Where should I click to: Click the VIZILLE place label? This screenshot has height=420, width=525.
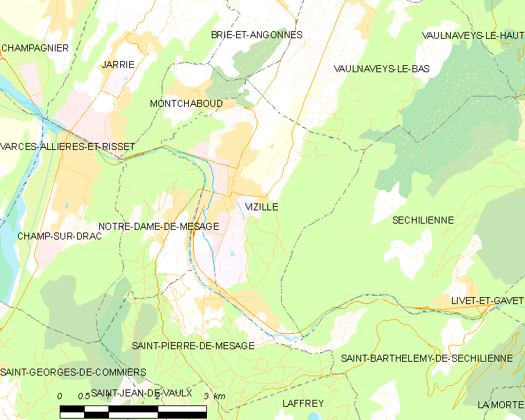point(262,208)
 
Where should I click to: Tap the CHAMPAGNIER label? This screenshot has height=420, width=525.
point(35,48)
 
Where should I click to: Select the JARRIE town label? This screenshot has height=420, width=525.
point(118,64)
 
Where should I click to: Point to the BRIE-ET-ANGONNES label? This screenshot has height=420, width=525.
point(257,34)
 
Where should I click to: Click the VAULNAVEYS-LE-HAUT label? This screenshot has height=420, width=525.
point(473,35)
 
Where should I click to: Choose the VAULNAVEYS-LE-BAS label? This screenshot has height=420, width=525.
point(382,69)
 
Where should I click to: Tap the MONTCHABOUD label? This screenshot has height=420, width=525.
point(186,103)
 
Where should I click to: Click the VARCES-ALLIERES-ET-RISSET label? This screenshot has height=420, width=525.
point(67,147)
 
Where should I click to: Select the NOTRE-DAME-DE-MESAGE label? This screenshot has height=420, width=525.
point(159,226)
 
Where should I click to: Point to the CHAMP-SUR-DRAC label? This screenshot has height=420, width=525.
point(60,236)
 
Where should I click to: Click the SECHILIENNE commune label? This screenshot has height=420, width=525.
point(423,220)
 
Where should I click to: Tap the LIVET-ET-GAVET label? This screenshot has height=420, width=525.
point(487,300)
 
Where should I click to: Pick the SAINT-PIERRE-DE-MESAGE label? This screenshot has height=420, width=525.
point(193,345)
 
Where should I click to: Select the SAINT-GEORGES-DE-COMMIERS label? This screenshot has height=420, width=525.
point(74,372)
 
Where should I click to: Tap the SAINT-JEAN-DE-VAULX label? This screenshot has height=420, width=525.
point(142,392)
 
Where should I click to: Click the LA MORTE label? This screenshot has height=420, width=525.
point(500,405)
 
